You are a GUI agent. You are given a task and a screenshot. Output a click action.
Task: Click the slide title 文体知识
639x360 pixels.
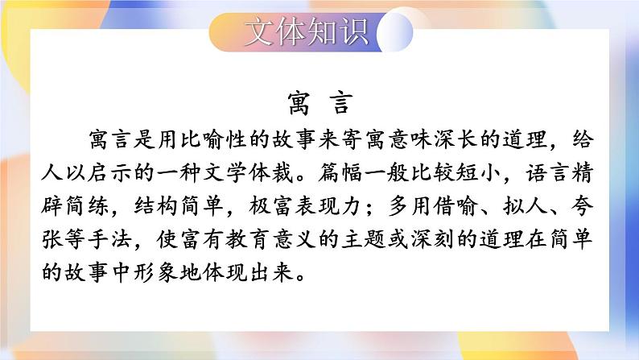[306, 31]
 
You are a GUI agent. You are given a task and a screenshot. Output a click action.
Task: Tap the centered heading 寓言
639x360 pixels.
[319, 104]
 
